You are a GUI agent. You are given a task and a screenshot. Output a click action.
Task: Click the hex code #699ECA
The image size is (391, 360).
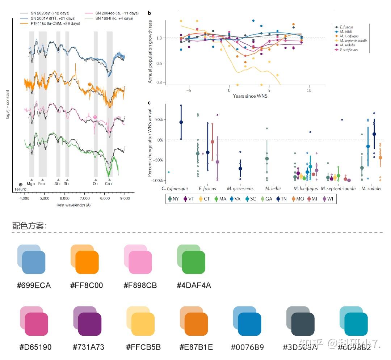pyautogui.click(x=34, y=285)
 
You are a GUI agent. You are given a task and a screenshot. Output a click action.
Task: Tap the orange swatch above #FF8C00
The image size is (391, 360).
pyautogui.click(x=87, y=262)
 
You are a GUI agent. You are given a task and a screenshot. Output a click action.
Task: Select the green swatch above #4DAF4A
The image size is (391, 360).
pyautogui.click(x=193, y=262)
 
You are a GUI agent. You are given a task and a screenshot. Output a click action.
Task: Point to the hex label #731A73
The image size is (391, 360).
pyautogui.click(x=89, y=347)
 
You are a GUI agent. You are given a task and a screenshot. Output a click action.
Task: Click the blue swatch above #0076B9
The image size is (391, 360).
pyautogui.click(x=249, y=324)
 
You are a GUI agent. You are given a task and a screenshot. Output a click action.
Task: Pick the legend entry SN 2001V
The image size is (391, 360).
pyautogui.click(x=53, y=18)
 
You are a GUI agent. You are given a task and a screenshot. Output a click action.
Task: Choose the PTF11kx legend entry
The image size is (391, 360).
pyautogui.click(x=55, y=23)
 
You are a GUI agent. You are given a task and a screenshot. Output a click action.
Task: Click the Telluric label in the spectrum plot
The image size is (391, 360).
pyautogui.click(x=21, y=189)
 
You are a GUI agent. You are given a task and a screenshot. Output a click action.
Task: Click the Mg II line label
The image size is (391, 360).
pyautogui.click(x=31, y=184)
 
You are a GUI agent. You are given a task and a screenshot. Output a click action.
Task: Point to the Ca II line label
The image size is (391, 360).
pyautogui.click(x=109, y=184)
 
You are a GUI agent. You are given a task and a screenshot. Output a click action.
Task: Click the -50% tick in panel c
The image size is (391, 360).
pyautogui.click(x=158, y=160)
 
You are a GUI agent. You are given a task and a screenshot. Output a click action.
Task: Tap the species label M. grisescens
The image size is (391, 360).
pyautogui.click(x=240, y=189)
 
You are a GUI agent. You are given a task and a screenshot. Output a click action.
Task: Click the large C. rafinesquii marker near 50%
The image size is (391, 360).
pyautogui.click(x=181, y=122)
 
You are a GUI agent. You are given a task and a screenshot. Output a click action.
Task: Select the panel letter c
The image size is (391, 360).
pyautogui.click(x=149, y=103)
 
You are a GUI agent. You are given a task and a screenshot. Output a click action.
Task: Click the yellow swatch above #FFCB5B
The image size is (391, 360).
pyautogui.click(x=143, y=324)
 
